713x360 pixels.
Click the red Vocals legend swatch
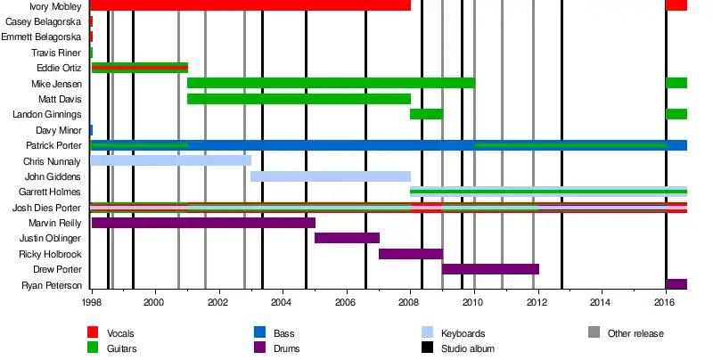click(x=93, y=333)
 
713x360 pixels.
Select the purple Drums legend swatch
click(x=260, y=348)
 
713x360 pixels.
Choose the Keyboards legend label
click(x=464, y=333)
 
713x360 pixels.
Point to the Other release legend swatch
click(x=594, y=333)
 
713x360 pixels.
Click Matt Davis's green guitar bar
click(x=299, y=99)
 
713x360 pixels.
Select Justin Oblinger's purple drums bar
click(x=347, y=238)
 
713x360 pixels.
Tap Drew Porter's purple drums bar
click(x=490, y=269)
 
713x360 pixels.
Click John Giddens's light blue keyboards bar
click(x=330, y=176)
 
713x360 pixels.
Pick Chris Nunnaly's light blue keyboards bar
click(x=171, y=161)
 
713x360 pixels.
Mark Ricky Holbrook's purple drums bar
click(x=410, y=254)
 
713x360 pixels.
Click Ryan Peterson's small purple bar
click(x=676, y=284)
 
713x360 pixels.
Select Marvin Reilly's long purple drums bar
click(x=203, y=223)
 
